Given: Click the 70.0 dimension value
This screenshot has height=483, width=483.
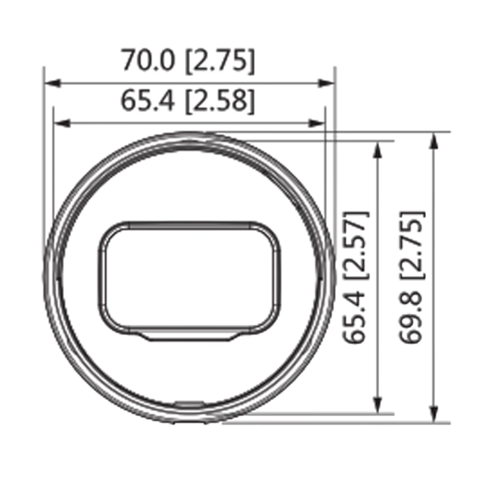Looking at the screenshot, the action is click(148, 60).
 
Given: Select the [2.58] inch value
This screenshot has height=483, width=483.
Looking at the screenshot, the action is click(219, 101).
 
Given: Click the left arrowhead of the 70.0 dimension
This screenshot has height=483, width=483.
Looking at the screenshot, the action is click(53, 83).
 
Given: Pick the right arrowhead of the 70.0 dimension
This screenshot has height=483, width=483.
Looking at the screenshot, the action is click(326, 83).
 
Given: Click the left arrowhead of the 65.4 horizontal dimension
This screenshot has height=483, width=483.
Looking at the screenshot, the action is click(62, 123).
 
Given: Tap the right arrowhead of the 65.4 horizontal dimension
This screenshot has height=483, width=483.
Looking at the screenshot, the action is click(316, 123).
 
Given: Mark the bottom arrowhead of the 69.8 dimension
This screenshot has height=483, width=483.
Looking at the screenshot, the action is click(434, 414).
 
